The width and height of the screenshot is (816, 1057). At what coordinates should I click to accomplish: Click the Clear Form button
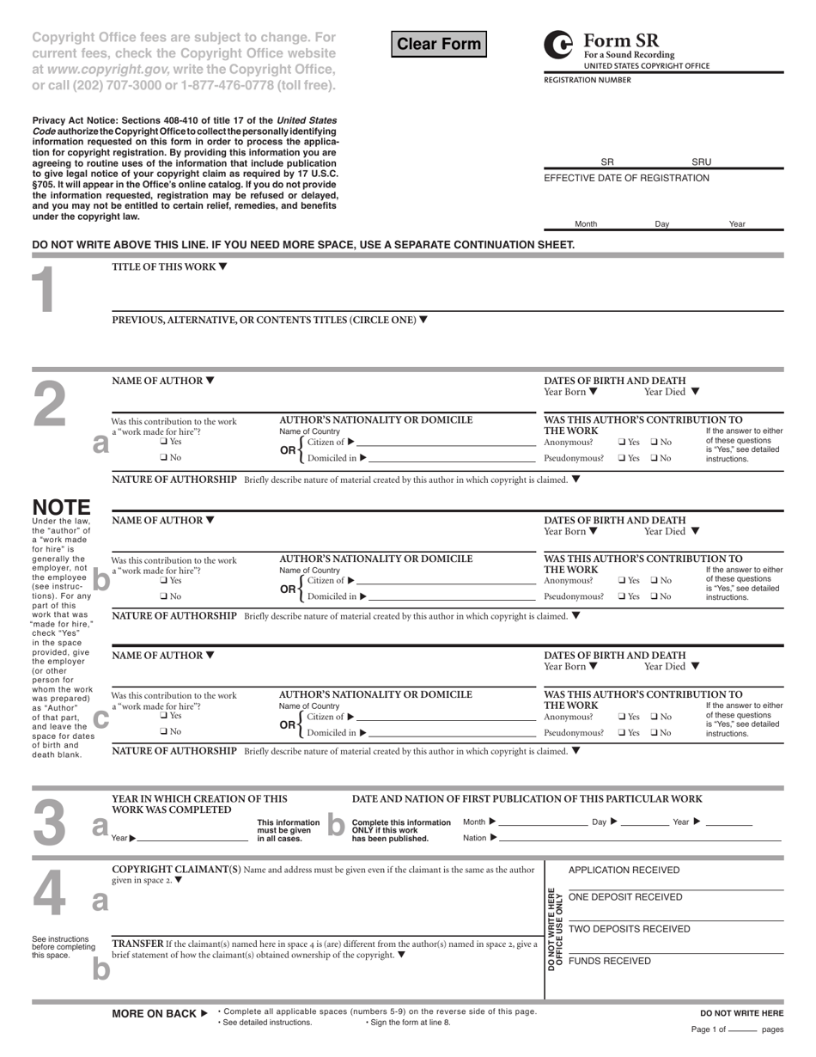(438, 44)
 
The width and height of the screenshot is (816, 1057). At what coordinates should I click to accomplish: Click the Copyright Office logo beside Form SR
(558, 45)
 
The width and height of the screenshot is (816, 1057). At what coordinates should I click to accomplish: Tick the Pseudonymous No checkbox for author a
(655, 458)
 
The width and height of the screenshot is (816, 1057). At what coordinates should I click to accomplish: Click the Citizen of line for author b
(447, 581)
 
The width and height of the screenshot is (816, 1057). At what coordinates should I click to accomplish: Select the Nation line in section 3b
(640, 838)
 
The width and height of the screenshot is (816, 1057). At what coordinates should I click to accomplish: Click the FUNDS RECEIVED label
(610, 961)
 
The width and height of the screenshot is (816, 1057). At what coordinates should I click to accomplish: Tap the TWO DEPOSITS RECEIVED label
(629, 929)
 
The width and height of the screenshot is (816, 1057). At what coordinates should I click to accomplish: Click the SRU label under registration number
(702, 162)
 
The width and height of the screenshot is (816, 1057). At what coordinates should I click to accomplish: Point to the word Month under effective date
(586, 223)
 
